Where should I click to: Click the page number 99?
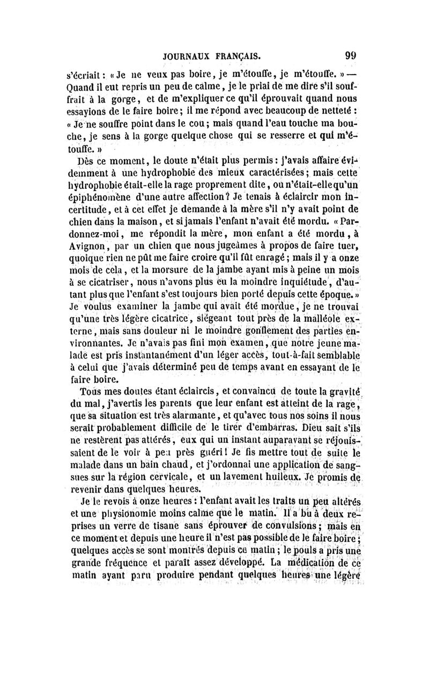352,55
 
